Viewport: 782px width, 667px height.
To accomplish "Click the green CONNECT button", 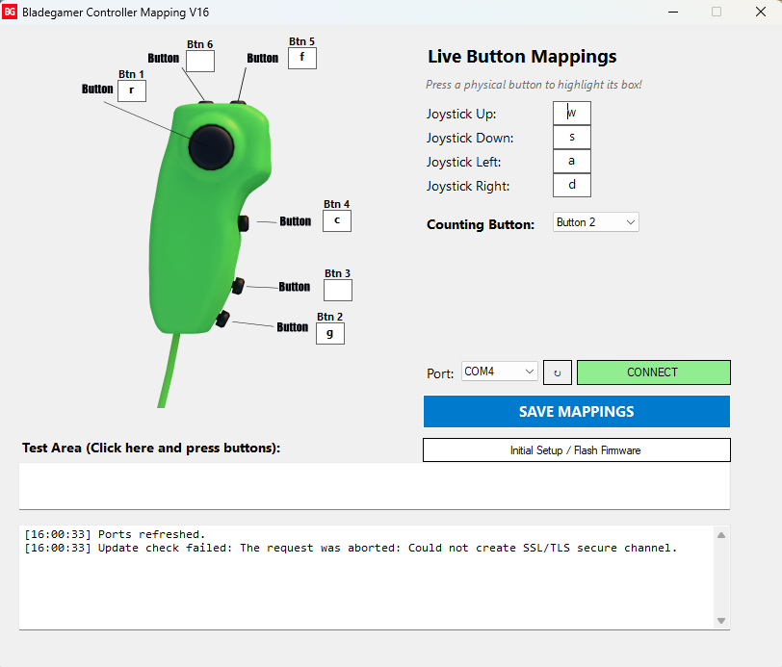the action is [x=653, y=372].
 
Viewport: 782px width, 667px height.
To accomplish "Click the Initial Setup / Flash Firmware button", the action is [x=577, y=450].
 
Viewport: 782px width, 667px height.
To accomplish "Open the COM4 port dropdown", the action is [x=499, y=372].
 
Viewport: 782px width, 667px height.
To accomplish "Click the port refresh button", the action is [x=557, y=372].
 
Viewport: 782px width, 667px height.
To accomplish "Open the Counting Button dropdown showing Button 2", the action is [x=595, y=222].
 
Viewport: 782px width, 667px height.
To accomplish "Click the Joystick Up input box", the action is [x=571, y=114].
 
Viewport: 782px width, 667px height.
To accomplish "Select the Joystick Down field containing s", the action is [x=571, y=137].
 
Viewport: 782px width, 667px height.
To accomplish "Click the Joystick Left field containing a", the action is [x=571, y=161].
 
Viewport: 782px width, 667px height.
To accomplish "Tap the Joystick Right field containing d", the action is [x=571, y=185].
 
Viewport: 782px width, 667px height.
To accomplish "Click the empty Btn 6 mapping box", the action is [x=200, y=61].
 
